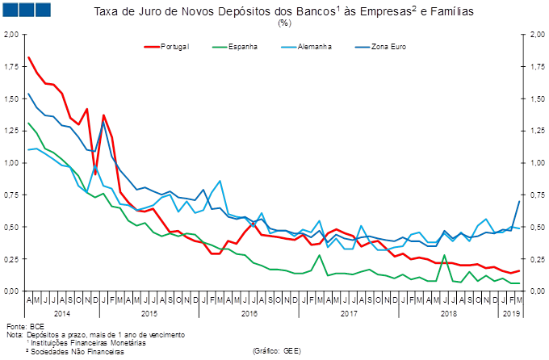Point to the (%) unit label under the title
pos(284,23)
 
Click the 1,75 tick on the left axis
pos(12,67)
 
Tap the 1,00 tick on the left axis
pos(12,163)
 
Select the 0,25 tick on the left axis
pos(12,259)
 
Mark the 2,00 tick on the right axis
pos(535,35)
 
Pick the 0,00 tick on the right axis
pos(535,291)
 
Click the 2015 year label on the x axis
pos(149,312)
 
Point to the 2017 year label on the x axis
pos(349,312)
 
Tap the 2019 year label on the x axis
pos(511,312)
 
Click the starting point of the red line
pos(28,57)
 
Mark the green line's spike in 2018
pos(445,257)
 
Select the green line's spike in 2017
pos(321,256)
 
